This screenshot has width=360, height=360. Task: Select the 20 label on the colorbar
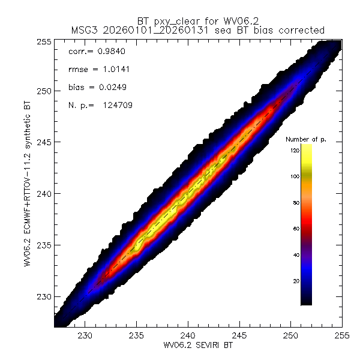pyautogui.click(x=295, y=281)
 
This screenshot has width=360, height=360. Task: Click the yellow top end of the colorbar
pyautogui.click(x=306, y=147)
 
